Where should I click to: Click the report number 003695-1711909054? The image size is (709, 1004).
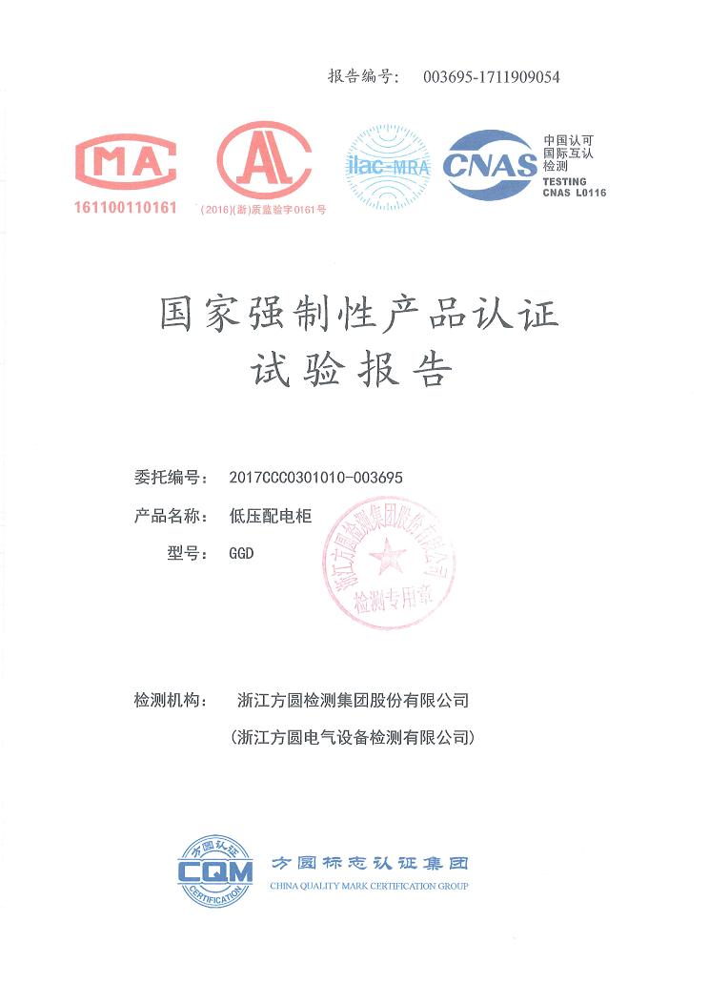[491, 77]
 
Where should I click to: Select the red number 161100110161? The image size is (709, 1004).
[126, 208]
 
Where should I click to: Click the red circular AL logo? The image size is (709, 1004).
[263, 160]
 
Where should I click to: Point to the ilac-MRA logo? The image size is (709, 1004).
[387, 167]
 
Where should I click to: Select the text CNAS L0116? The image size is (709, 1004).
[574, 194]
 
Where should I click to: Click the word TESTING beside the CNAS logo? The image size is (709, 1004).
[564, 181]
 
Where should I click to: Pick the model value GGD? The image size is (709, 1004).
[242, 554]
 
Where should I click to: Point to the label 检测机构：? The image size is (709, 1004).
[172, 700]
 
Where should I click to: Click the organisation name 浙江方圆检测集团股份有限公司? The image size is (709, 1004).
[353, 700]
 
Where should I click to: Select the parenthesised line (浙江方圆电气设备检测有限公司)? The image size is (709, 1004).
[353, 737]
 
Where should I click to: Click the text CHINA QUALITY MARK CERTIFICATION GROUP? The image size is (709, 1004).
[369, 887]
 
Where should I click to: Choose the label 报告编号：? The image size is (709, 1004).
[363, 77]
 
